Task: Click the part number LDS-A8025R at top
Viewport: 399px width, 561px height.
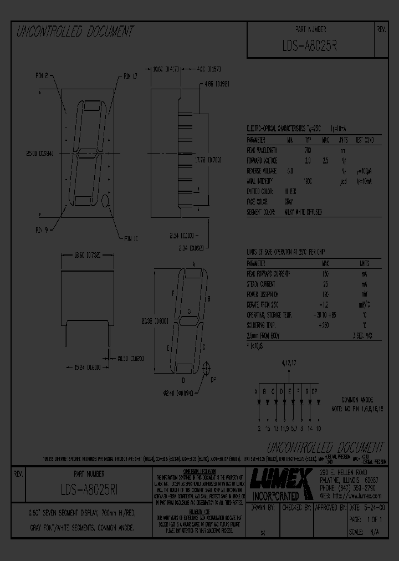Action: pos(309,47)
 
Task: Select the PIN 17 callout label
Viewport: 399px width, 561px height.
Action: pos(130,76)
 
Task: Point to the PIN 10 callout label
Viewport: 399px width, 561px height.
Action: pos(131,238)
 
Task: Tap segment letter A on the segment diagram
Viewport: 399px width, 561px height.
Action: pos(193,264)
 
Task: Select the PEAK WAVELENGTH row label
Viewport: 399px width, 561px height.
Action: pos(263,150)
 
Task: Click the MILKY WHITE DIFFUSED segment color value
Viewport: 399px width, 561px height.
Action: pos(304,212)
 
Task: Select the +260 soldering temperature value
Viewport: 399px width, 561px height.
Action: pos(325,325)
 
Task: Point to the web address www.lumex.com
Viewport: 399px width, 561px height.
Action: pos(351,496)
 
